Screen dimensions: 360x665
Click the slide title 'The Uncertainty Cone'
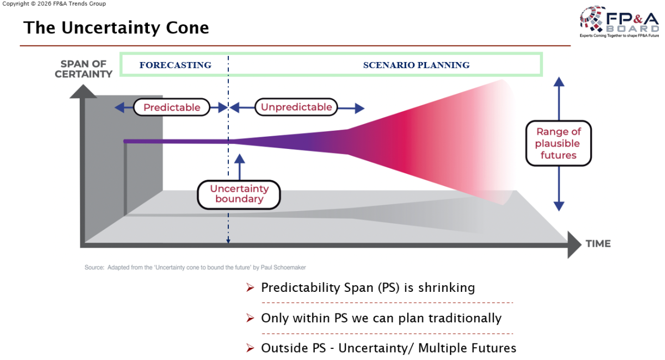point(116,28)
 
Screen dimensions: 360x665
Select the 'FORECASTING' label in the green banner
point(175,65)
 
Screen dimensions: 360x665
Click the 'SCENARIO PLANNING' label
point(416,65)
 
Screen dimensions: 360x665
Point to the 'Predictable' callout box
point(172,107)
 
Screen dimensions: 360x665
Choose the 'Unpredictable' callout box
point(296,107)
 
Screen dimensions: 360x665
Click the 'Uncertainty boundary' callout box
point(239,194)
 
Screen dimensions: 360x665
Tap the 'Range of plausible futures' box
point(559,143)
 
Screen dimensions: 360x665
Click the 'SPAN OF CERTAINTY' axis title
point(83,69)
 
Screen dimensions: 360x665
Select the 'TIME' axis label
point(598,244)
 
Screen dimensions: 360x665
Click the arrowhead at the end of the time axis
point(574,244)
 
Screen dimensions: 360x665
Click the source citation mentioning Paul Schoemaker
point(195,268)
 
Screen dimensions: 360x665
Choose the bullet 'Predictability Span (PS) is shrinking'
point(367,288)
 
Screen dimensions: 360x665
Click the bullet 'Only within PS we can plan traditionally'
point(381,318)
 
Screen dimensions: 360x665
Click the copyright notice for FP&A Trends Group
point(54,4)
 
